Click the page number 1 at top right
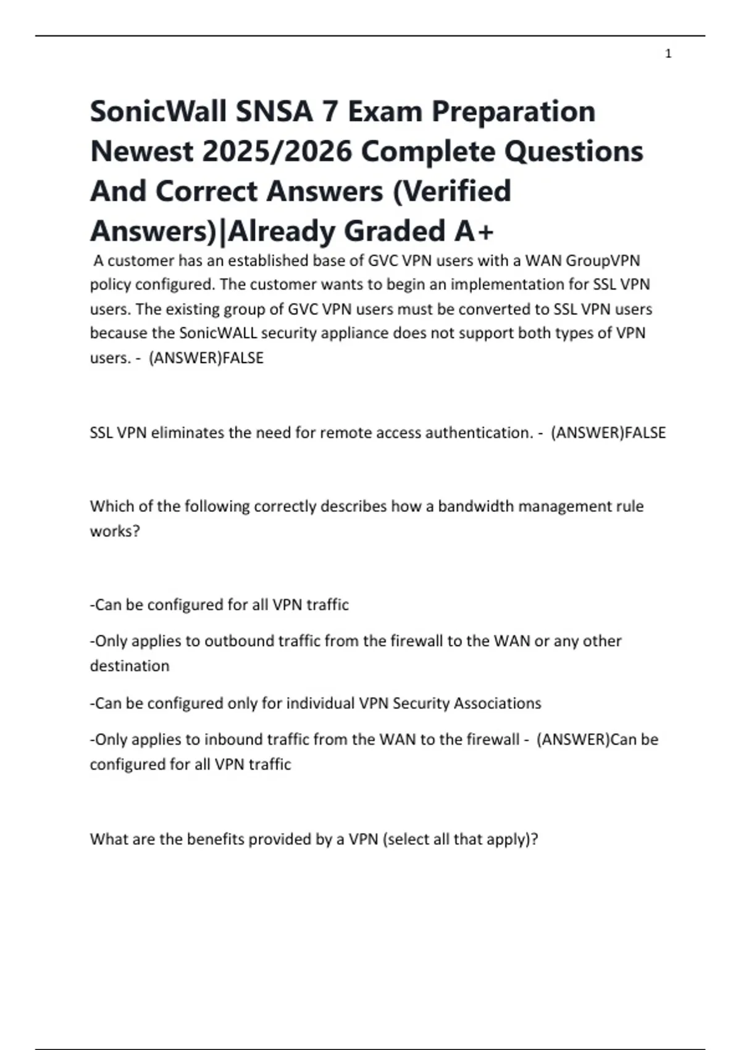(668, 54)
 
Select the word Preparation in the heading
(513, 112)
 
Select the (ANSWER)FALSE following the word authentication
(608, 433)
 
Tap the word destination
(130, 666)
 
